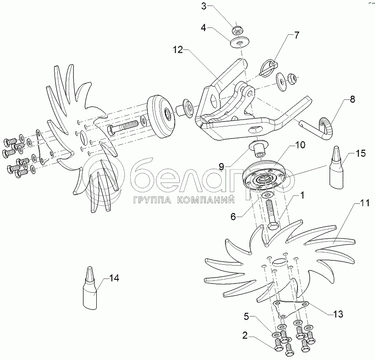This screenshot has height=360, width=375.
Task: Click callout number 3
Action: [x=204, y=6]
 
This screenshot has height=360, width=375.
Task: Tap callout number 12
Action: [x=178, y=49]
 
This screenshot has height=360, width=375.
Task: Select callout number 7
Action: [x=296, y=35]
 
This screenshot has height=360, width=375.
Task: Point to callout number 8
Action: [x=353, y=99]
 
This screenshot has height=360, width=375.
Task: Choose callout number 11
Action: [x=365, y=203]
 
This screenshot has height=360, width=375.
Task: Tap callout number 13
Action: [x=338, y=314]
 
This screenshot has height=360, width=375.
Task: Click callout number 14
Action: [x=114, y=278]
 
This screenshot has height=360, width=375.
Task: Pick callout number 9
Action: [x=221, y=167]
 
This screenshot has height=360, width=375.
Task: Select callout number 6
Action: [x=233, y=217]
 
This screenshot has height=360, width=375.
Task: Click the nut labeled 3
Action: [x=237, y=30]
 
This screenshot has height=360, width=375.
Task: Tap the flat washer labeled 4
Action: [x=240, y=43]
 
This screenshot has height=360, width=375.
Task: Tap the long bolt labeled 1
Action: [x=271, y=214]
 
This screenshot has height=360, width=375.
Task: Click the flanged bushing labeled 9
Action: [x=259, y=148]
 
